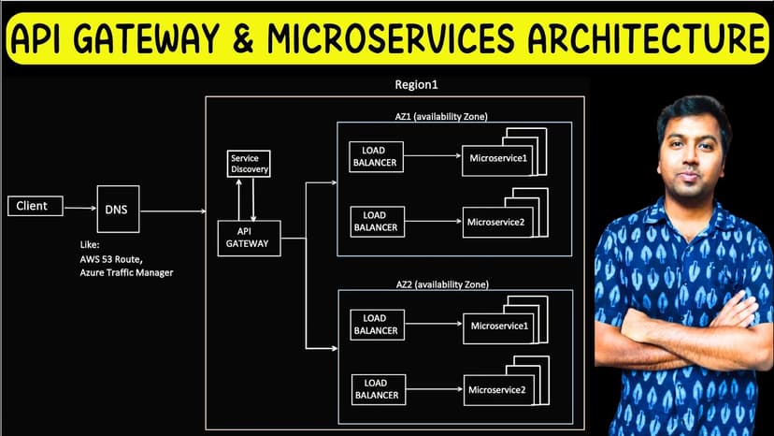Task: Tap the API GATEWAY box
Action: coord(248,236)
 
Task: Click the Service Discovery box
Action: coord(250,164)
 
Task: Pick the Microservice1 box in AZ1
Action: coord(497,157)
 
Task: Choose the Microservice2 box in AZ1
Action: coord(494,222)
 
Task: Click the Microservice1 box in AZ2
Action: coord(498,326)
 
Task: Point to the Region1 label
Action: coord(417,85)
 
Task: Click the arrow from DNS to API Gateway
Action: coord(173,211)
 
